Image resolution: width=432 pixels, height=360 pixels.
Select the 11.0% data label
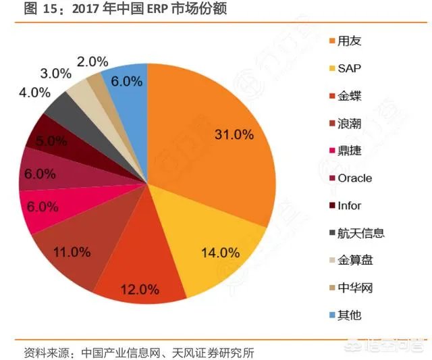(72, 252)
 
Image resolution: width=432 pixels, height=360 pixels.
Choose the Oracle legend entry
(354, 178)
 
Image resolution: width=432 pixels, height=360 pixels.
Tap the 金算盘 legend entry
(355, 261)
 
